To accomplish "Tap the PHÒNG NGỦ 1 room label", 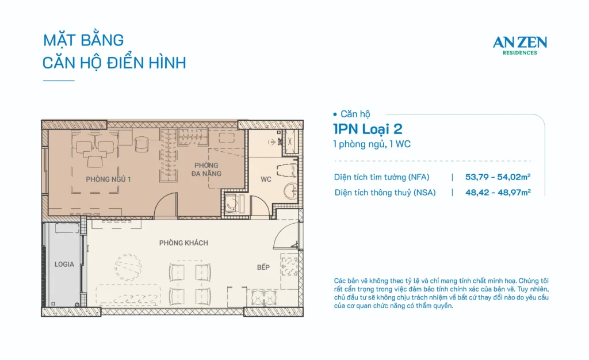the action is pyautogui.click(x=108, y=179).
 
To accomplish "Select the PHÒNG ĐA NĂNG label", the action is pyautogui.click(x=206, y=169).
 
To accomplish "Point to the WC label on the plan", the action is pyautogui.click(x=266, y=179).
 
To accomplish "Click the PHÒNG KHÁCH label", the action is pyautogui.click(x=183, y=243).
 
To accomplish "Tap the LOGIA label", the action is pyautogui.click(x=64, y=265).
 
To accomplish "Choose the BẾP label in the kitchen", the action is pyautogui.click(x=263, y=267).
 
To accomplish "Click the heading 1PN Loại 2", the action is pyautogui.click(x=368, y=129).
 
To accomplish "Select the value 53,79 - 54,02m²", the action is pyautogui.click(x=498, y=177).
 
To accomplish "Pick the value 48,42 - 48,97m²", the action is pyautogui.click(x=498, y=193).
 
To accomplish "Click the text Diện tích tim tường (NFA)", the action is pyautogui.click(x=382, y=177).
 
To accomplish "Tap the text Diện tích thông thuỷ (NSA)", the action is pyautogui.click(x=385, y=193).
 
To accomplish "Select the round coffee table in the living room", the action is pyautogui.click(x=128, y=265).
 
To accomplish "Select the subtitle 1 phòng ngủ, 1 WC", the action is pyautogui.click(x=372, y=144).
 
